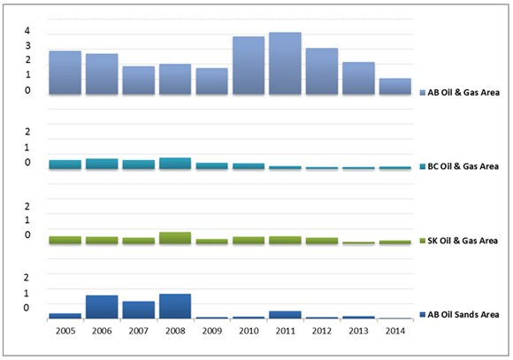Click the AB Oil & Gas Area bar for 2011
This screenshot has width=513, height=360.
[x=285, y=63]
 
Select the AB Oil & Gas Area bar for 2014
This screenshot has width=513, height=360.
[x=394, y=86]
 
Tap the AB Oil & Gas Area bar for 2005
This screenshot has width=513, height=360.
[x=65, y=73]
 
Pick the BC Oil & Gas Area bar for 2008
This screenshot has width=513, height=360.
[x=175, y=163]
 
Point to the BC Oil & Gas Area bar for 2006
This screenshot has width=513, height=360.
[x=102, y=164]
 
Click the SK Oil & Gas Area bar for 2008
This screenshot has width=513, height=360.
[x=175, y=238]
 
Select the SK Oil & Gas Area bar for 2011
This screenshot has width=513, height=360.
[x=285, y=240]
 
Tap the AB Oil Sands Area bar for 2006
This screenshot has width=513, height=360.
[x=102, y=306]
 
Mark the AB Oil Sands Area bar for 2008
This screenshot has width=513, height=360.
[x=175, y=305]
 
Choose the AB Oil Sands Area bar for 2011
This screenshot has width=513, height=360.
[x=285, y=314]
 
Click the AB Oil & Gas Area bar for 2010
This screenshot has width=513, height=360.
[x=249, y=65]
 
